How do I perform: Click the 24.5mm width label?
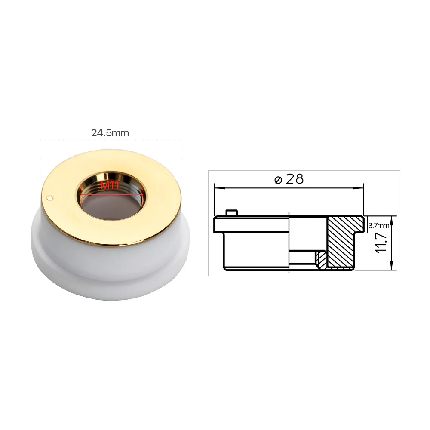(110, 133)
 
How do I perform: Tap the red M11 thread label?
(110, 187)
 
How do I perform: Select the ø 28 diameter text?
(289, 179)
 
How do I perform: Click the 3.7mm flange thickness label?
(379, 225)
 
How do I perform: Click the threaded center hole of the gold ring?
(111, 202)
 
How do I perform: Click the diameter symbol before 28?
(278, 179)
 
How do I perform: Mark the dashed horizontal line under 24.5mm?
(110, 140)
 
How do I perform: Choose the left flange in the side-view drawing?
(218, 224)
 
